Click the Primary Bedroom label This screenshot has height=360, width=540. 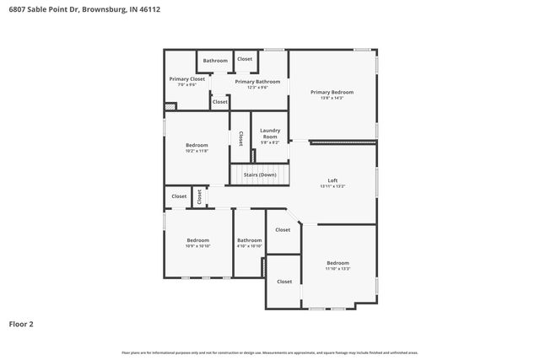click(x=332, y=92)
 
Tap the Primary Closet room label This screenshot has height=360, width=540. click(x=186, y=79)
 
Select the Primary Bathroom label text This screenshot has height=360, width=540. click(x=251, y=82)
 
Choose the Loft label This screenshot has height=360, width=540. click(x=332, y=181)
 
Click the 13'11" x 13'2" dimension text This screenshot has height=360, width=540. click(x=332, y=187)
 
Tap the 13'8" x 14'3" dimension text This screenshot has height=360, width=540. click(x=332, y=99)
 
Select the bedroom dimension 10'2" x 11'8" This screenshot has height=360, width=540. click(x=197, y=152)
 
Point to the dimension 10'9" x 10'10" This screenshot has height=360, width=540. click(x=197, y=246)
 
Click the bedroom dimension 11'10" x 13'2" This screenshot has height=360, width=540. click(x=337, y=269)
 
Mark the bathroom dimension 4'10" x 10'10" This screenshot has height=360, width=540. click(x=249, y=246)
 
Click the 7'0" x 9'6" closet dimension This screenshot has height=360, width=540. click(x=186, y=85)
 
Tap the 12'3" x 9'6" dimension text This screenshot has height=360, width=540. click(x=251, y=88)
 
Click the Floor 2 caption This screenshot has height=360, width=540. click(x=21, y=323)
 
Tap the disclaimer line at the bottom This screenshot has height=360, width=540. click(x=270, y=352)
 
